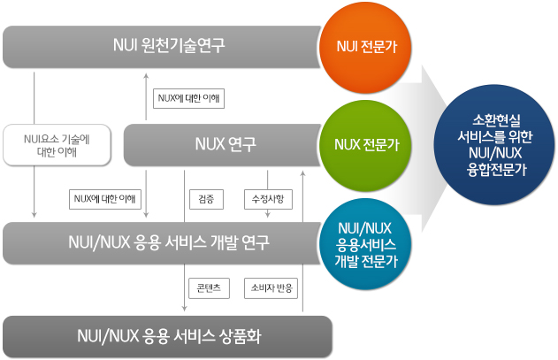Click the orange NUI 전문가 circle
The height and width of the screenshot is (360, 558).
[x=365, y=48]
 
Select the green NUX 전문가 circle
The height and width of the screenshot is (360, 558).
[x=365, y=145]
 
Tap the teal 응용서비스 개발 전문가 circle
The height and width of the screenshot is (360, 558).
[x=365, y=244]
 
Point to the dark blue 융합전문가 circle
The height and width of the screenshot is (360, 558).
[x=494, y=144]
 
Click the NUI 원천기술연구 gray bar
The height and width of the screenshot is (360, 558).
[x=162, y=46]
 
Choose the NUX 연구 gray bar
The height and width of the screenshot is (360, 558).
[x=223, y=145]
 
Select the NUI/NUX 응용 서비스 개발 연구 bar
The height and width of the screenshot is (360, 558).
[x=162, y=243]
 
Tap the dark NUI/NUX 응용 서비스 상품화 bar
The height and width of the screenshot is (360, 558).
[x=167, y=336]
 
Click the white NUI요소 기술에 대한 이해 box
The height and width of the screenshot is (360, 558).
[x=57, y=145]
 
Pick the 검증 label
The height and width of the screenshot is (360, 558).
[x=206, y=199]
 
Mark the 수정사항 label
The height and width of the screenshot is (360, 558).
[x=268, y=199]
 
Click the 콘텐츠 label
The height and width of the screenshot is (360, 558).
[x=209, y=288]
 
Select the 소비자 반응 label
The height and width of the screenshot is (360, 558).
[x=271, y=288]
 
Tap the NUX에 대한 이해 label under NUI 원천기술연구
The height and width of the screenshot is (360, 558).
[x=188, y=98]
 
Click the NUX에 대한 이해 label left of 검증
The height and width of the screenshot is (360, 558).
[x=105, y=199]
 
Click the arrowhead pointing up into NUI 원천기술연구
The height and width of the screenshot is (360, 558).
[x=146, y=75]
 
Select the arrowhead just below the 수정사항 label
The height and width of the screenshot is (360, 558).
[x=268, y=215]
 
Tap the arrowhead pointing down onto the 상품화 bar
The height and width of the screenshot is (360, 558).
[x=184, y=309]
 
